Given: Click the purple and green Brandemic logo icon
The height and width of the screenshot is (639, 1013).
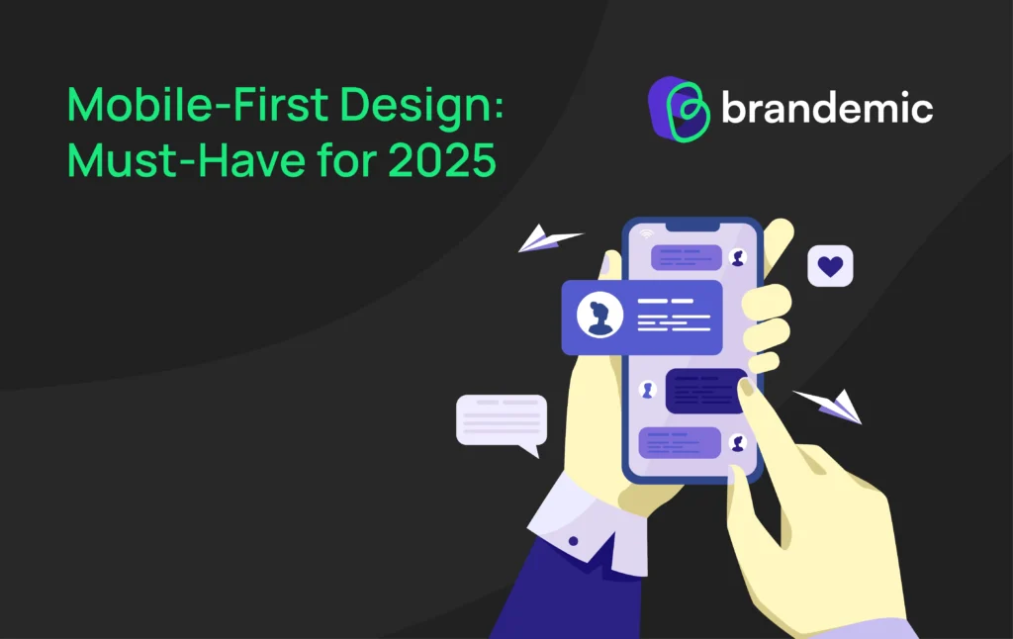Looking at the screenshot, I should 681,107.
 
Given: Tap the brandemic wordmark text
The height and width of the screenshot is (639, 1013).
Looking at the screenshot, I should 827,107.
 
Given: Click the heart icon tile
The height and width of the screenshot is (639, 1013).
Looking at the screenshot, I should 830,265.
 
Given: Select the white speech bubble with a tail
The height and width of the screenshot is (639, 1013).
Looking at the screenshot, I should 501,421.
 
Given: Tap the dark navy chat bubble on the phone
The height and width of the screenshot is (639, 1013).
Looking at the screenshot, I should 705,390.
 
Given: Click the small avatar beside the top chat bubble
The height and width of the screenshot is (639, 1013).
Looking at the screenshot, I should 737,257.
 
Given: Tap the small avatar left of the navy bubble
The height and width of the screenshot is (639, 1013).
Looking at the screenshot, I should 648,390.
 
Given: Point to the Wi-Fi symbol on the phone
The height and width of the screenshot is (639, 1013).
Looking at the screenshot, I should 647,234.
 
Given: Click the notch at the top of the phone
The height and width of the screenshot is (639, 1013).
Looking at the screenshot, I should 692,228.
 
